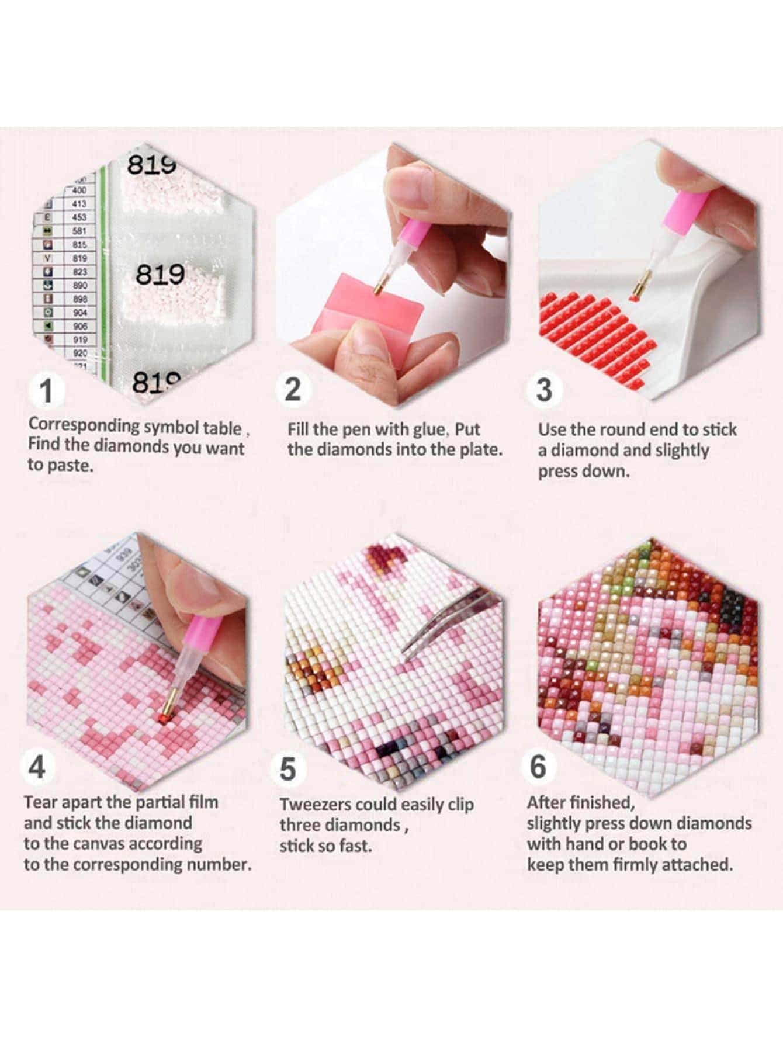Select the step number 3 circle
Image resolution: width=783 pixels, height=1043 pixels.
coord(544,389)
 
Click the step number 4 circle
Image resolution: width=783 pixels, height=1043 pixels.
coord(37,766)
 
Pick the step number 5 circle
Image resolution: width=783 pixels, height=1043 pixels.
coord(288,768)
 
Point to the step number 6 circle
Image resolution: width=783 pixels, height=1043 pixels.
coord(538,765)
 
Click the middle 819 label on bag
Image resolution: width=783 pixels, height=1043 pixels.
coord(160,274)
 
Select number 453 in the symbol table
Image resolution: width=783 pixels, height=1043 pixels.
coord(79,217)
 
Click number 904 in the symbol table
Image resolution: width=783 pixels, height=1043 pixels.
coord(80,313)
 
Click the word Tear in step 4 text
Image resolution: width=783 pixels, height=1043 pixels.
coord(40,802)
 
